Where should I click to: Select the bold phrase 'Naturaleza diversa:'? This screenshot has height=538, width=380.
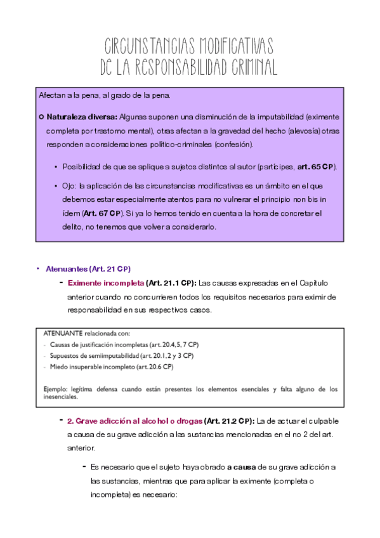click(x=82, y=117)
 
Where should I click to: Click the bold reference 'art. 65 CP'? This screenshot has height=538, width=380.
click(x=315, y=166)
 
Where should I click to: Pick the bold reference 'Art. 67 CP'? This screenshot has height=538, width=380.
click(x=101, y=213)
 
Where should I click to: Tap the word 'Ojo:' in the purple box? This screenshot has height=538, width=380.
click(x=70, y=186)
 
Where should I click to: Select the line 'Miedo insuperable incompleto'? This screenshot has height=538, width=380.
click(x=111, y=367)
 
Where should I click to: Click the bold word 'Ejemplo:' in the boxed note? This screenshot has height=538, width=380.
click(x=56, y=389)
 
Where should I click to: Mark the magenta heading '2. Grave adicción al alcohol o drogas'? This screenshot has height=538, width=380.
click(x=134, y=421)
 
